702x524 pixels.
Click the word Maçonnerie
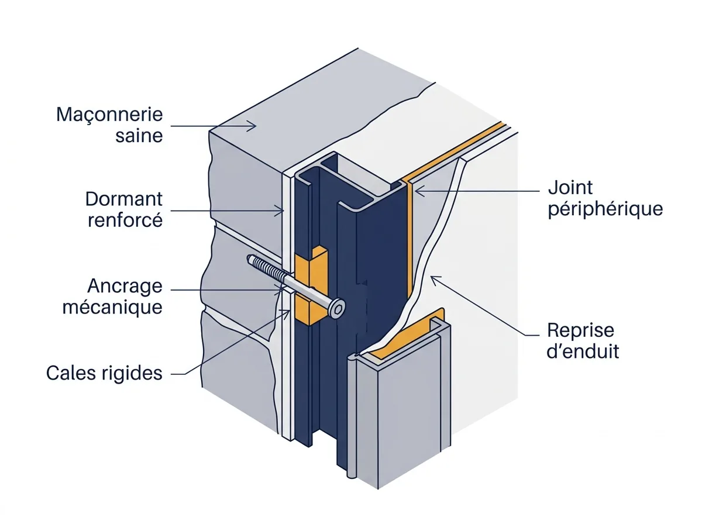pos(109,115)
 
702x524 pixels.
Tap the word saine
pos(139,136)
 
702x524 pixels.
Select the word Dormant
pos(124,199)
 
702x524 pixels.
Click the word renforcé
pos(125,220)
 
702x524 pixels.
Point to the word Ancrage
pos(125,287)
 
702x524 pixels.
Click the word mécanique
pos(112,307)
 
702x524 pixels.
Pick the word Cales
pos(71,373)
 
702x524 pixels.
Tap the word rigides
pos(132,374)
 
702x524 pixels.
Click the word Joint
pos(570,188)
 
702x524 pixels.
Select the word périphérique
pos(605,209)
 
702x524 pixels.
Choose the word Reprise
pos(580,330)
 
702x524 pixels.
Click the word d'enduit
pos(583,351)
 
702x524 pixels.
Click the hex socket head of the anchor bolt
pos(337,309)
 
